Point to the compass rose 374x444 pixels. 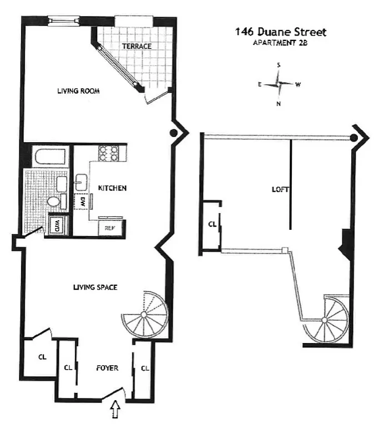point(279,84)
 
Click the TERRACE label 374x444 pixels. point(137,46)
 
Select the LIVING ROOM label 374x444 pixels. point(78,91)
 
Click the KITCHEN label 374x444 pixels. point(112,188)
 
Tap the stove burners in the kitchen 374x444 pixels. point(108,153)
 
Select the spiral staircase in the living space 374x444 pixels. point(144,314)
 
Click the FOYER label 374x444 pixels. point(107,367)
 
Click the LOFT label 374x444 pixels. point(278,189)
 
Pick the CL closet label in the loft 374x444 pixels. point(212,225)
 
